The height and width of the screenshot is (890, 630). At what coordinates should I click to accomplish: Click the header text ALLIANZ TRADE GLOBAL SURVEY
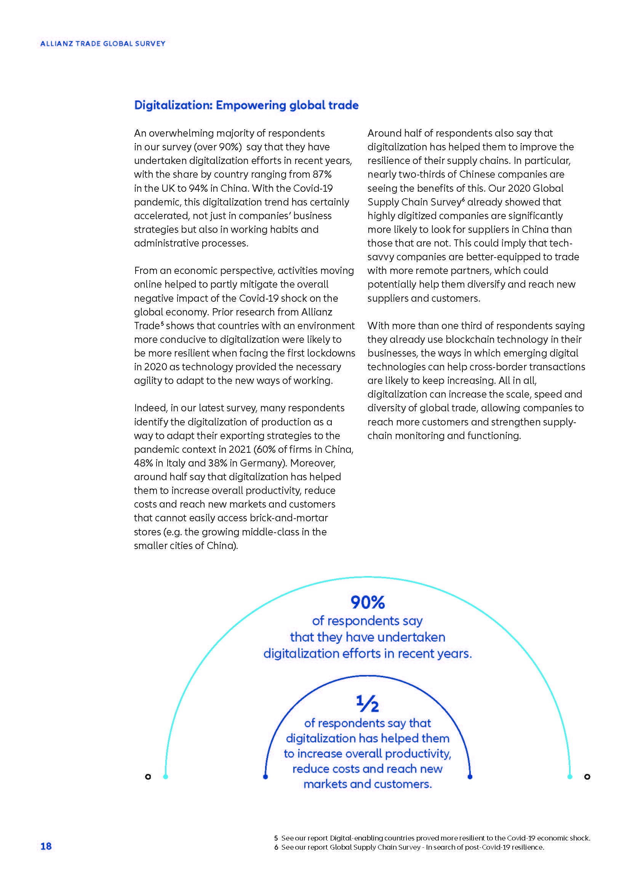click(x=103, y=44)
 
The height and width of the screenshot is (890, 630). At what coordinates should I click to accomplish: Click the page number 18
click(x=46, y=846)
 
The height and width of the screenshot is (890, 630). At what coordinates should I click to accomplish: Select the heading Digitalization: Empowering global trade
click(x=246, y=105)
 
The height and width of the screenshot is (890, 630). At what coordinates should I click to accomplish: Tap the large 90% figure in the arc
click(x=367, y=602)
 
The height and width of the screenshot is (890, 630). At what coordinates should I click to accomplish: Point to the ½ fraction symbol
click(x=367, y=704)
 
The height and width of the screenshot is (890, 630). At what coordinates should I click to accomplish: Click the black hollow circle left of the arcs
click(x=148, y=777)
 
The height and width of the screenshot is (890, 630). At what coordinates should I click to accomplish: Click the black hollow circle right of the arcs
click(x=587, y=777)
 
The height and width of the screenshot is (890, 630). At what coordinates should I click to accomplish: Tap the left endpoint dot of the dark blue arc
click(x=265, y=777)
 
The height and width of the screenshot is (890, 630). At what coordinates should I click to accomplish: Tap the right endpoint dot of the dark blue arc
click(x=470, y=777)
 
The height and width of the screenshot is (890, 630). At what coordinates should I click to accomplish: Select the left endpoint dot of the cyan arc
click(x=166, y=777)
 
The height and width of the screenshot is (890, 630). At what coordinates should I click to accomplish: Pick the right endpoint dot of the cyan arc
click(x=569, y=777)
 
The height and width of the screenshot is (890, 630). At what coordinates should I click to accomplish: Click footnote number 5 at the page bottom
click(x=276, y=838)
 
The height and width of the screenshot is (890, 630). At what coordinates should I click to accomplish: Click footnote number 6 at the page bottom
click(x=276, y=847)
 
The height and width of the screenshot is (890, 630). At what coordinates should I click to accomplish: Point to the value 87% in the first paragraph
click(x=322, y=174)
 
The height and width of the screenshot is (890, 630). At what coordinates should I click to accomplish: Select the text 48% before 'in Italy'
click(x=143, y=463)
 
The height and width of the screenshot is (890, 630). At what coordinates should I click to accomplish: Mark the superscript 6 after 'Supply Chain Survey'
click(x=464, y=199)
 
